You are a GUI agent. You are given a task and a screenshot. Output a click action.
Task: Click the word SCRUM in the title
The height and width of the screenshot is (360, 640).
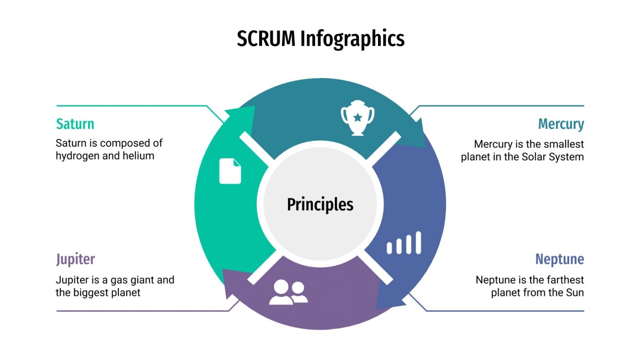pos(266,39)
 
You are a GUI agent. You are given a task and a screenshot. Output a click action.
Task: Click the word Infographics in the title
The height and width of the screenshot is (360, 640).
pos(352,39)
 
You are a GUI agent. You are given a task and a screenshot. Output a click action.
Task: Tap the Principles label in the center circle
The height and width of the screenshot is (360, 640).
pos(320,204)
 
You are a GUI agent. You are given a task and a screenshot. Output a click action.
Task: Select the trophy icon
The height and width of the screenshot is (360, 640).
pos(357,117)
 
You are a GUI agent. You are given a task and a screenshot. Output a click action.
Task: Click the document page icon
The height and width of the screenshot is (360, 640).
pos(230,171)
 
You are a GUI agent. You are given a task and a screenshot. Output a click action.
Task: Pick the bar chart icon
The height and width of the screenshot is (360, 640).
pos(404,243)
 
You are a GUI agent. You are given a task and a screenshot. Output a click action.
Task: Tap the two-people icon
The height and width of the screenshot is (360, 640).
pos(288,292)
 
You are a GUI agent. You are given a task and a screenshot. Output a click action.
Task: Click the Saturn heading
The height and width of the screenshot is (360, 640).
pos(75,124)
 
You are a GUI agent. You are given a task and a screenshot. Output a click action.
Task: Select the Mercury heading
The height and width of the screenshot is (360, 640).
pos(561,124)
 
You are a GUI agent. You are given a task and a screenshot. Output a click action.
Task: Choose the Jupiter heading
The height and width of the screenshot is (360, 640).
pos(75,259)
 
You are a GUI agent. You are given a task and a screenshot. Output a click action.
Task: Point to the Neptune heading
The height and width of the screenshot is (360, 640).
pos(560,259)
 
